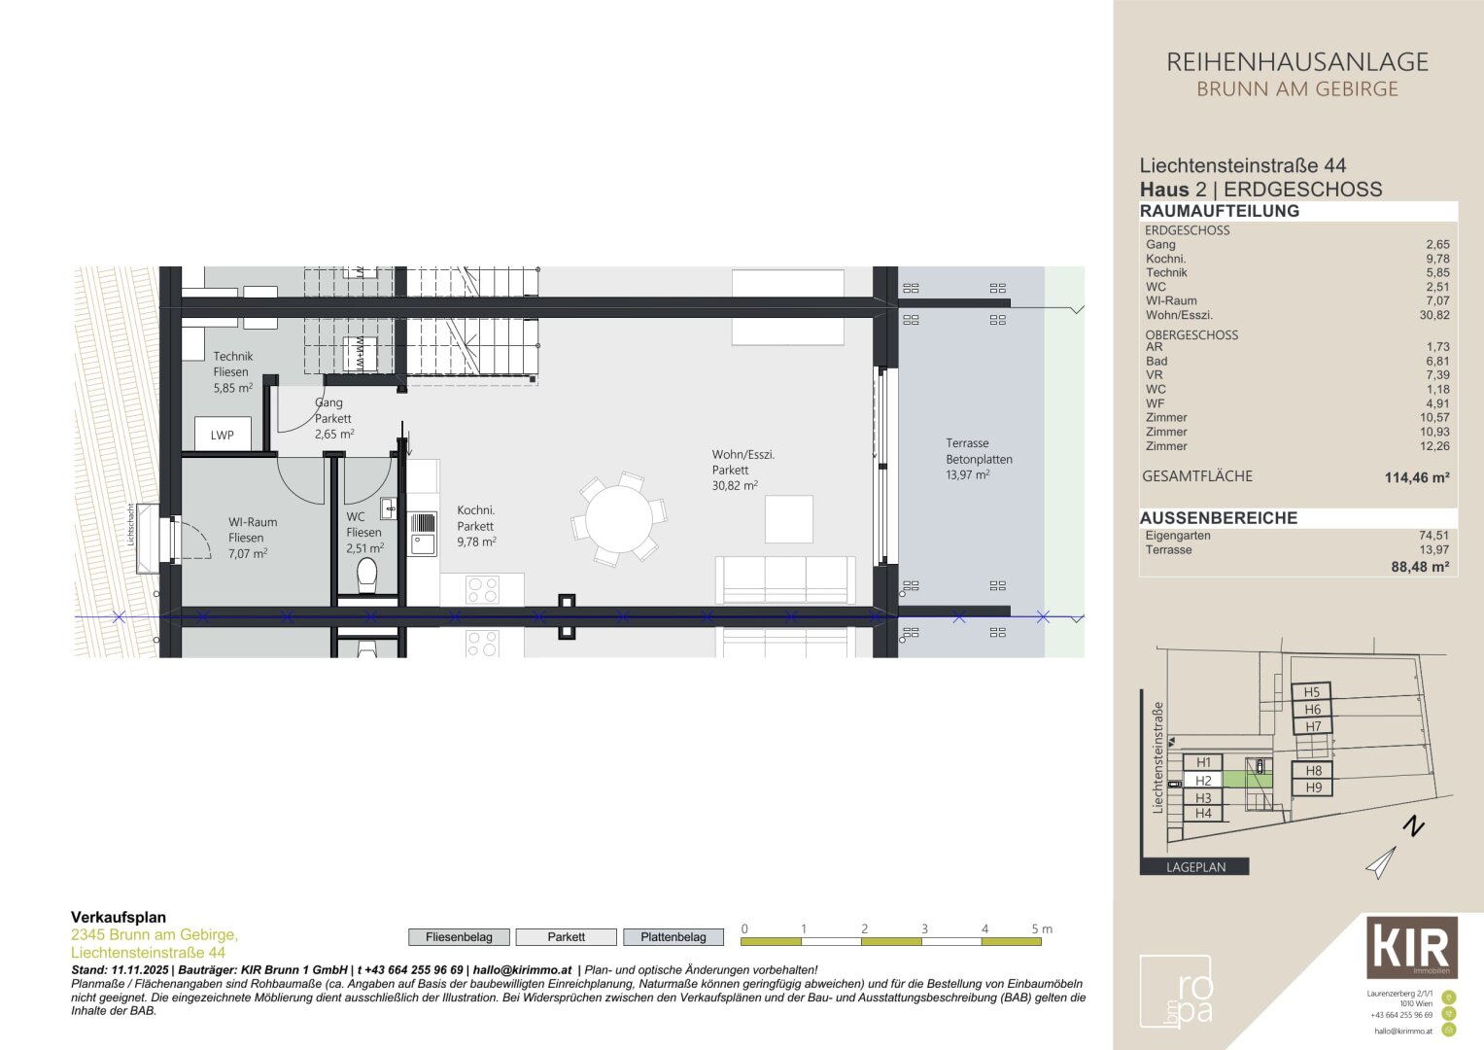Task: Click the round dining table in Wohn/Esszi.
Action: click(x=619, y=519)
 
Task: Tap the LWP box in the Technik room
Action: click(x=223, y=435)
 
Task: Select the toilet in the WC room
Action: click(x=367, y=576)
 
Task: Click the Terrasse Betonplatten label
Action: click(x=979, y=459)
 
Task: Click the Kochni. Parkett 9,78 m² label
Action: click(x=476, y=526)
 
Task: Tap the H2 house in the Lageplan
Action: click(x=1203, y=781)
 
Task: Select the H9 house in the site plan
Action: click(x=1313, y=787)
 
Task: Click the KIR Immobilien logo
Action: click(x=1411, y=947)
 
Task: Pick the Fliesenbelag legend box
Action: click(x=459, y=937)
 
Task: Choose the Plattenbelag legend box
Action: click(x=673, y=937)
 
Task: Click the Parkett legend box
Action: click(x=566, y=937)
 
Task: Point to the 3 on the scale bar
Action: click(x=924, y=929)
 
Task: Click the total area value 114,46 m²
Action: click(x=1416, y=477)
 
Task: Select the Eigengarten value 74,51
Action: click(x=1432, y=536)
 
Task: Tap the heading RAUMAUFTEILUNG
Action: click(x=1219, y=211)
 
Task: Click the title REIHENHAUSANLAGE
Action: click(x=1296, y=62)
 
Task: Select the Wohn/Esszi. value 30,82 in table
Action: click(x=1433, y=315)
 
